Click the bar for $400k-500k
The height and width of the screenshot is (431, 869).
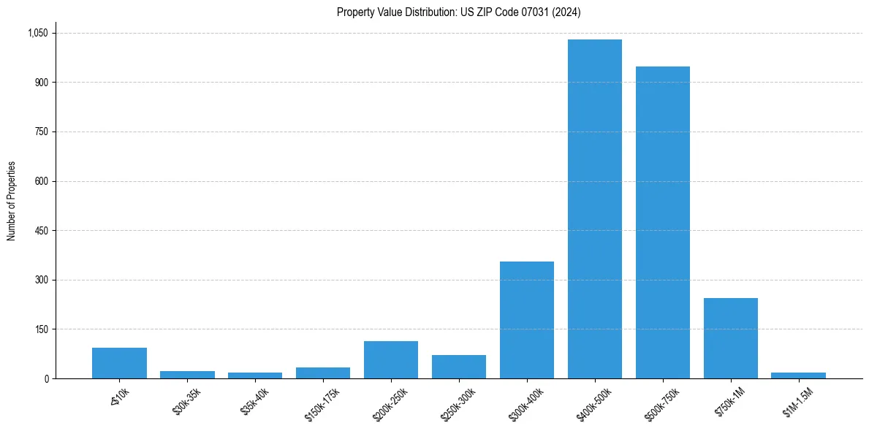[x=595, y=209]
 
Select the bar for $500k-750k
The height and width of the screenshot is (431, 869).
[x=663, y=223]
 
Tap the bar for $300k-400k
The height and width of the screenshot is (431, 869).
[x=527, y=320]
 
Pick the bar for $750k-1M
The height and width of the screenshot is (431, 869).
[x=731, y=338]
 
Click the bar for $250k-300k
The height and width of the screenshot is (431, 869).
[x=459, y=367]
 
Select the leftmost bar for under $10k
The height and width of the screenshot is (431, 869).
[x=119, y=363]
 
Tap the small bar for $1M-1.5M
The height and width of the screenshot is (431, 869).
[x=799, y=375]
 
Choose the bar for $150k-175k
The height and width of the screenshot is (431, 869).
[x=323, y=373]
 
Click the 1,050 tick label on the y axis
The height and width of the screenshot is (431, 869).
[x=37, y=33]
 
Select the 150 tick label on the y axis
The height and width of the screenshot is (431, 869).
[x=41, y=329]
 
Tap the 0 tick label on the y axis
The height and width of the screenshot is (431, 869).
[x=46, y=378]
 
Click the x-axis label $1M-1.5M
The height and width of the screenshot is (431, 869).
[x=794, y=403]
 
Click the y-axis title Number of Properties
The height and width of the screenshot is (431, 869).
[x=12, y=201]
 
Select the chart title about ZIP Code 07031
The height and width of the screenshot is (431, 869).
[x=459, y=12]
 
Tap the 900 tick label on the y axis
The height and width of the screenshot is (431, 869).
[x=41, y=83]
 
